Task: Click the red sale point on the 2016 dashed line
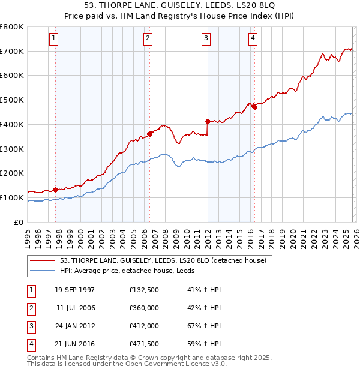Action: pos(254,107)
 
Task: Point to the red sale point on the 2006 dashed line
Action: pos(149,134)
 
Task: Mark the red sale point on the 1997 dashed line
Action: pos(56,190)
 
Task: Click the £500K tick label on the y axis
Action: pos(12,100)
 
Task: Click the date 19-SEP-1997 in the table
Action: pos(74,290)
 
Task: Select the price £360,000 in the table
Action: pos(144,308)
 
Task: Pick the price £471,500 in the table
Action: pos(144,344)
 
